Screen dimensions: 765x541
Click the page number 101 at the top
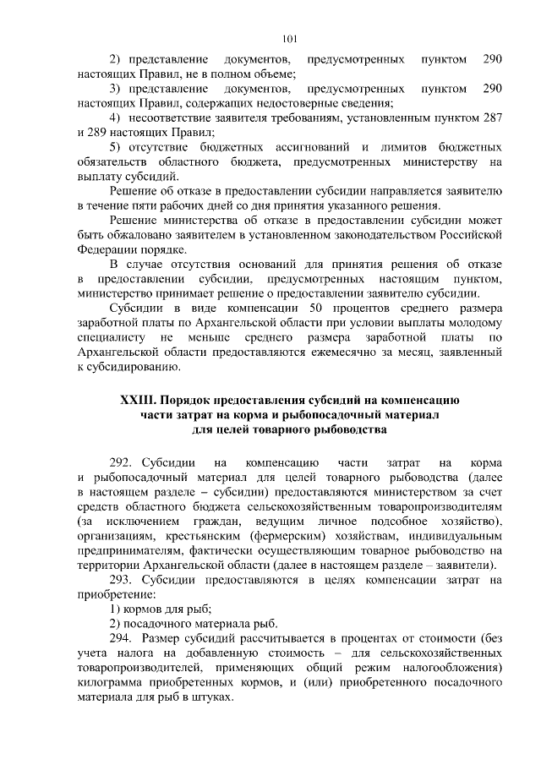click(x=290, y=37)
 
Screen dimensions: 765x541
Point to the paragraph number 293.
click(x=124, y=579)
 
